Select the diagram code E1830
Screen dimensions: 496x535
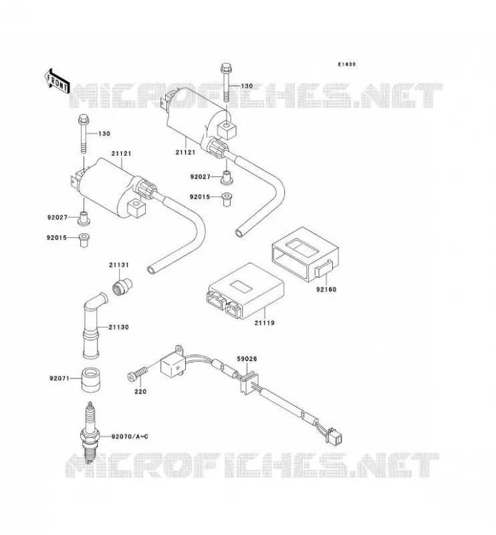coord(346,64)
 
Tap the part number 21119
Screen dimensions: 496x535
coord(264,322)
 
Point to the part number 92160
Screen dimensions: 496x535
coord(326,290)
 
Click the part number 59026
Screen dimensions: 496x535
coord(247,359)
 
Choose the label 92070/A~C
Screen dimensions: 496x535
coord(130,437)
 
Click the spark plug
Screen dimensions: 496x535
coord(90,433)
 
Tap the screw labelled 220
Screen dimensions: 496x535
coord(137,373)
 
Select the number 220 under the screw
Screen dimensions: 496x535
coord(140,392)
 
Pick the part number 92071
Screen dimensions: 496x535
coord(59,379)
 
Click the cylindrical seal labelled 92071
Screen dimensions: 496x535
coord(90,379)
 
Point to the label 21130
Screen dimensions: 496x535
coord(119,327)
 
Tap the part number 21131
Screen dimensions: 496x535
coord(119,265)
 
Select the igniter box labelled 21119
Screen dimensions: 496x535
coord(245,291)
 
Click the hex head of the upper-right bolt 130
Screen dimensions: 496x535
coord(226,68)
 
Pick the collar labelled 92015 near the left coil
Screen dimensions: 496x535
coord(84,240)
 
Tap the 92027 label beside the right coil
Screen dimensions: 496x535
coord(201,177)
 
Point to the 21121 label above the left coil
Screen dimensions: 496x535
coord(121,154)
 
